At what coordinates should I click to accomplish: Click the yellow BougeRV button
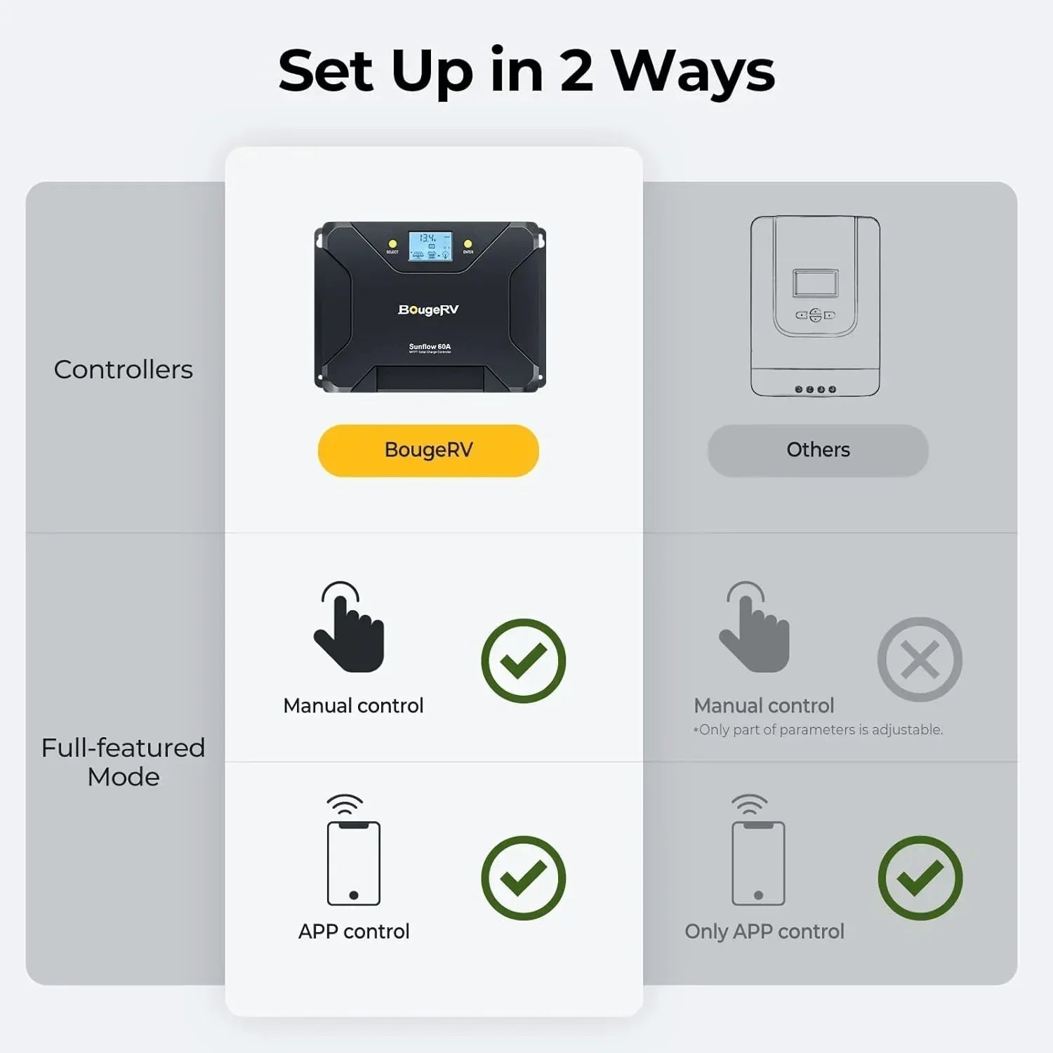click(428, 451)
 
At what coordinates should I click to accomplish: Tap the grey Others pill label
click(818, 451)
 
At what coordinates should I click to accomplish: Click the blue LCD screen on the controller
click(430, 246)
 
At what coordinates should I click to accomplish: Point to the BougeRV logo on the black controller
click(428, 310)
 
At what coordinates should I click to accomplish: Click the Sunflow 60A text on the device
click(430, 347)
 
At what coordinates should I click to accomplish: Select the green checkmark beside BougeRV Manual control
click(524, 661)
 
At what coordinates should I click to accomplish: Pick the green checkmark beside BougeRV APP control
click(524, 877)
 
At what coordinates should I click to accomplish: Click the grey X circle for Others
click(920, 660)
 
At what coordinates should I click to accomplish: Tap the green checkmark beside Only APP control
click(920, 877)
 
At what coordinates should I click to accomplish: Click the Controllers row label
click(124, 370)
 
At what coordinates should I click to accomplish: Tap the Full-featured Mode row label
click(124, 762)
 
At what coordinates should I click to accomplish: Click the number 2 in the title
click(576, 71)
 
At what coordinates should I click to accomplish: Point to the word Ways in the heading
click(694, 72)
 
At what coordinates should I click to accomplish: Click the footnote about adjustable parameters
click(818, 730)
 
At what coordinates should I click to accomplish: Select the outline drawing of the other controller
click(815, 306)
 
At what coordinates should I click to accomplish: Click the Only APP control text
click(764, 932)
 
